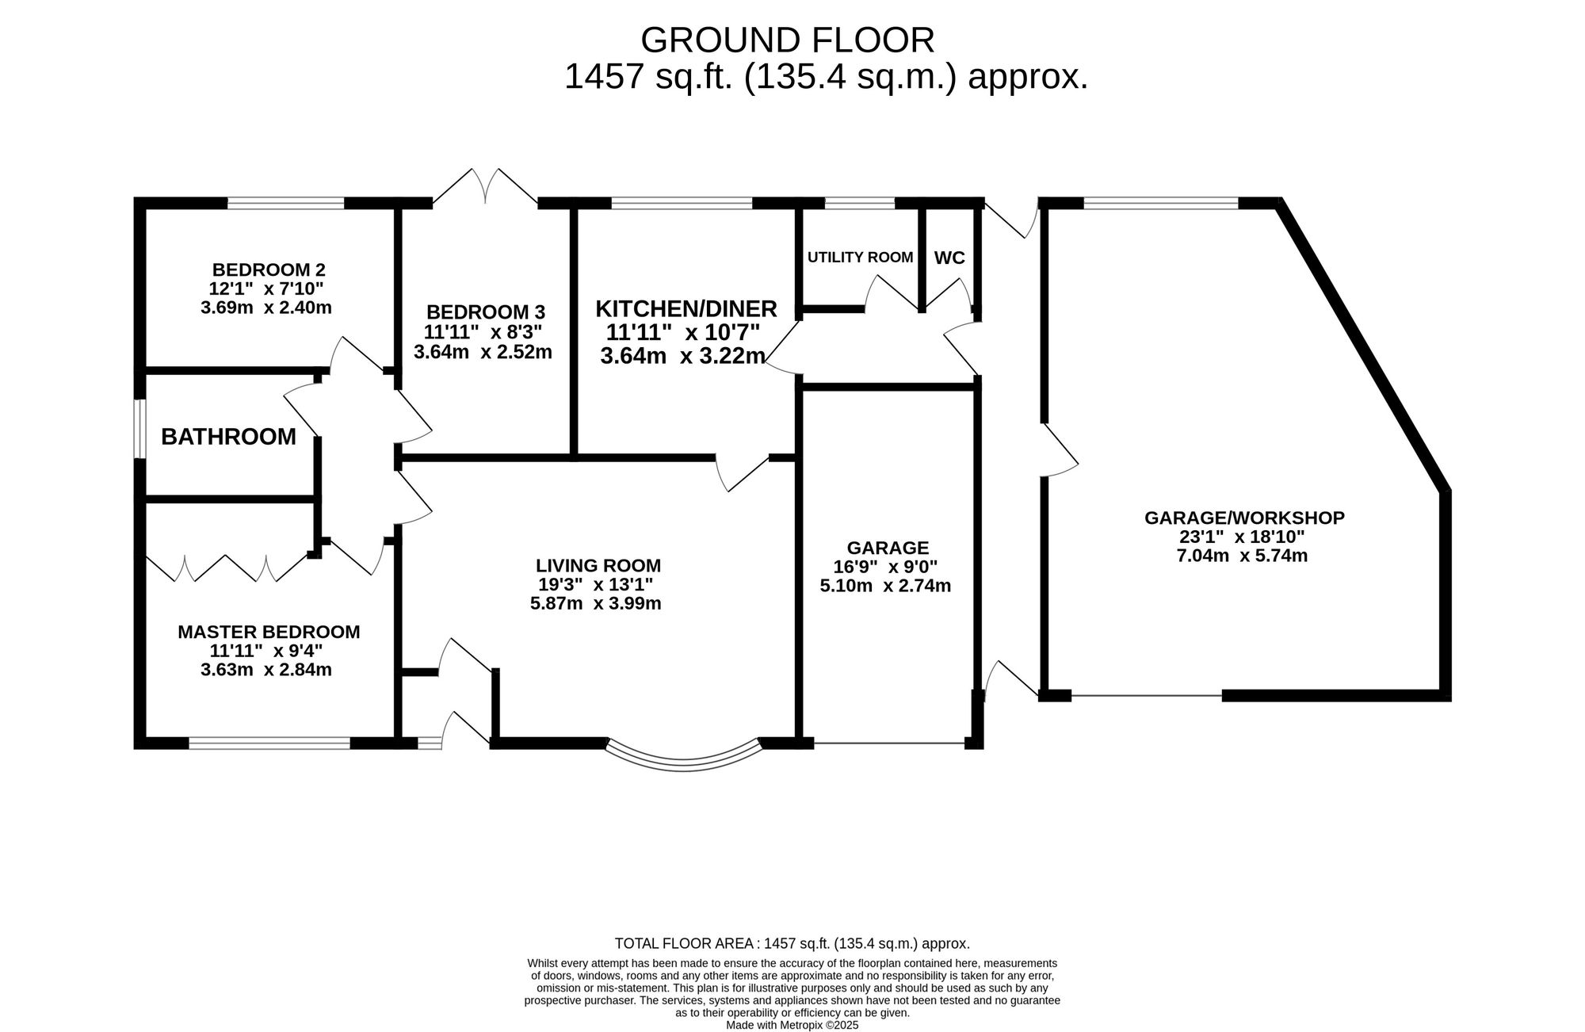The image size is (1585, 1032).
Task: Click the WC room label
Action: pos(949,258)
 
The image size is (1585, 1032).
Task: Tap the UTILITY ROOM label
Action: pos(860,258)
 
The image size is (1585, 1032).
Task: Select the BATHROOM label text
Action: pos(228,437)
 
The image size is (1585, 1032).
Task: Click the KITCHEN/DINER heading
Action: pos(686,308)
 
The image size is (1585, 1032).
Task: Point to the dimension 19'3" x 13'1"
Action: pos(595,585)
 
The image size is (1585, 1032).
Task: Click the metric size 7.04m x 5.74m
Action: pos(1242,556)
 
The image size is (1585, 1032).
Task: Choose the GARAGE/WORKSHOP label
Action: pos(1244,518)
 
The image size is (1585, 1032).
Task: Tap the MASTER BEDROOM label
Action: pos(269,633)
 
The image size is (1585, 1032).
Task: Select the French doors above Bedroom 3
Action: pos(485,187)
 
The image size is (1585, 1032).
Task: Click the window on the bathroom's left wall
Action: pos(139,429)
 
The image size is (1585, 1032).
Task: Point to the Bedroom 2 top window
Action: pos(286,203)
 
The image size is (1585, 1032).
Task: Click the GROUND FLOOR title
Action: pos(787,40)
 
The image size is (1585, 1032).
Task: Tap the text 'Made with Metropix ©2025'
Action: pos(792,1025)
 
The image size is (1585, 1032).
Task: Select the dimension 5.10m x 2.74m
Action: pos(885,587)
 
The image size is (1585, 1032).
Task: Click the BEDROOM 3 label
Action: pos(485,312)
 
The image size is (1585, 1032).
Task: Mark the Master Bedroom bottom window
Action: pos(269,743)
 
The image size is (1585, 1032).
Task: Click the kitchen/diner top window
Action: pos(682,203)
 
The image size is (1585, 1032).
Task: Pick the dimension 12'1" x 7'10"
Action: pos(265,289)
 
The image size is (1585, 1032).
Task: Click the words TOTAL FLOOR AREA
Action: pos(687,944)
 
